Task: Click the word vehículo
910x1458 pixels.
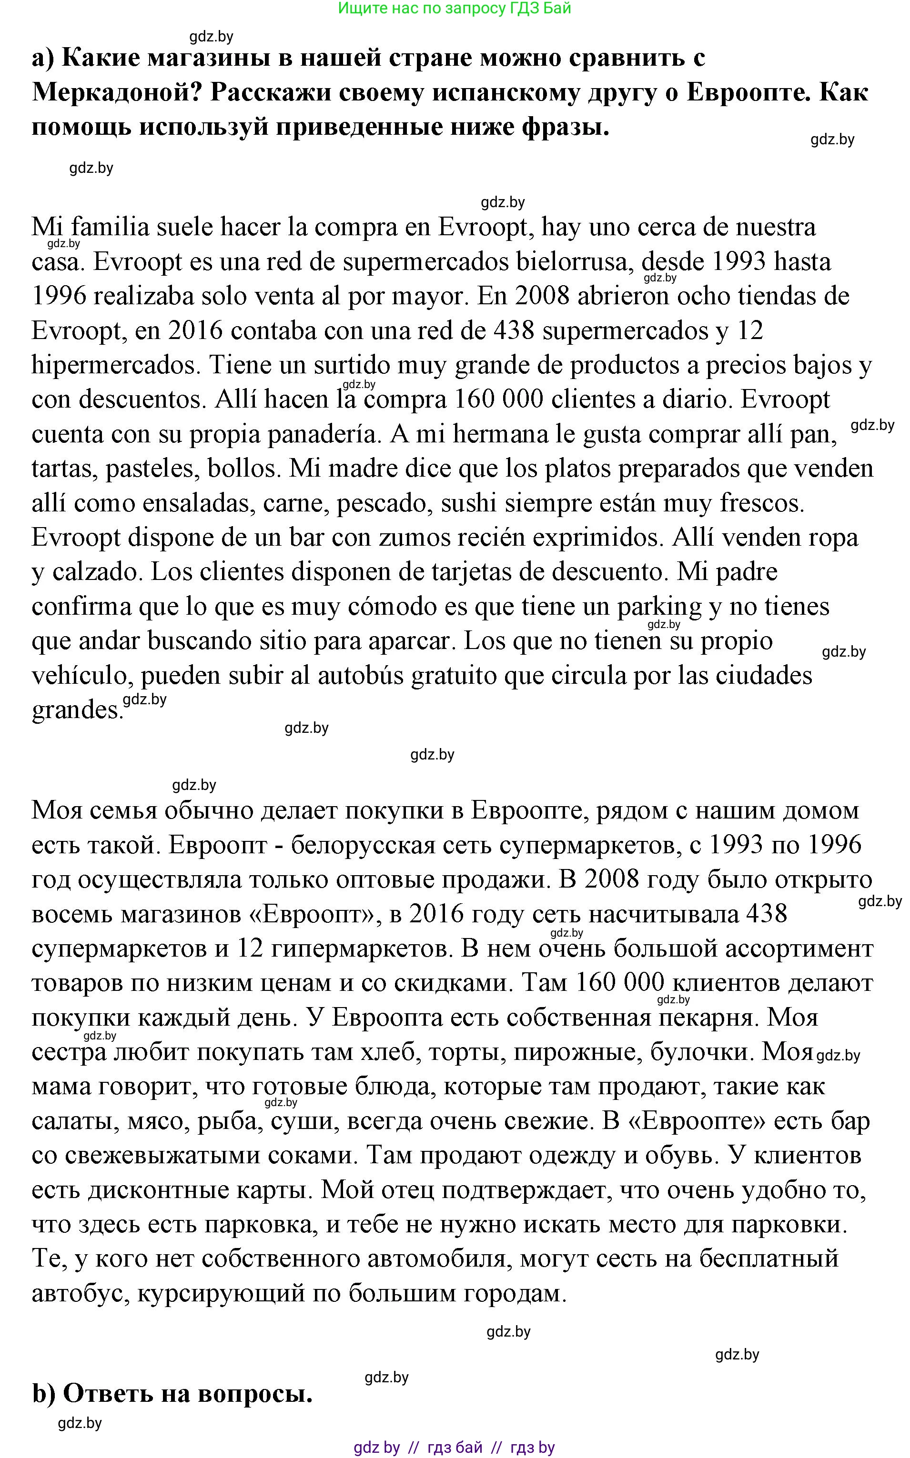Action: tap(82, 676)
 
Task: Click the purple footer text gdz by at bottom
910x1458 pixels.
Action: tap(376, 1447)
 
